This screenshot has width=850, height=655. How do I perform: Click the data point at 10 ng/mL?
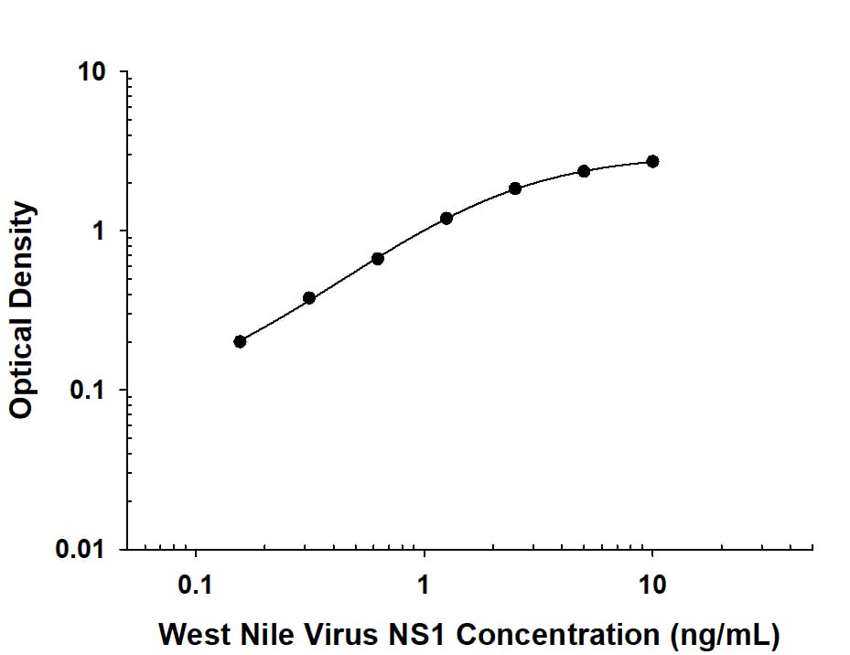[652, 161]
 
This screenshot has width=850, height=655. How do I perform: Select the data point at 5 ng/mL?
[584, 171]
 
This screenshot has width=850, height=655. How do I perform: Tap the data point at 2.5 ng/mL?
[515, 188]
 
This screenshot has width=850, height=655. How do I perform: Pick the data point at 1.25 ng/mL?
[447, 218]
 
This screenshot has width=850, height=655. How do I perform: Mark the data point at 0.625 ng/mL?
[378, 259]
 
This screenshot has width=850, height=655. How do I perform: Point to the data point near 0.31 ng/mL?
[309, 298]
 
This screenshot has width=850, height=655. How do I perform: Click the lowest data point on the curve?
[240, 341]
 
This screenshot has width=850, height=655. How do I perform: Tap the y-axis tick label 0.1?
[90, 391]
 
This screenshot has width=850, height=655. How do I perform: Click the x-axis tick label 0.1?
[195, 583]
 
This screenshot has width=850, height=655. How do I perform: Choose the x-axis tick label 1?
[424, 583]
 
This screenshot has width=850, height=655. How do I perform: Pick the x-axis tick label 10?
[651, 583]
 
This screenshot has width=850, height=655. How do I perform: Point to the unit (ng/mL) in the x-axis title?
[724, 633]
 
